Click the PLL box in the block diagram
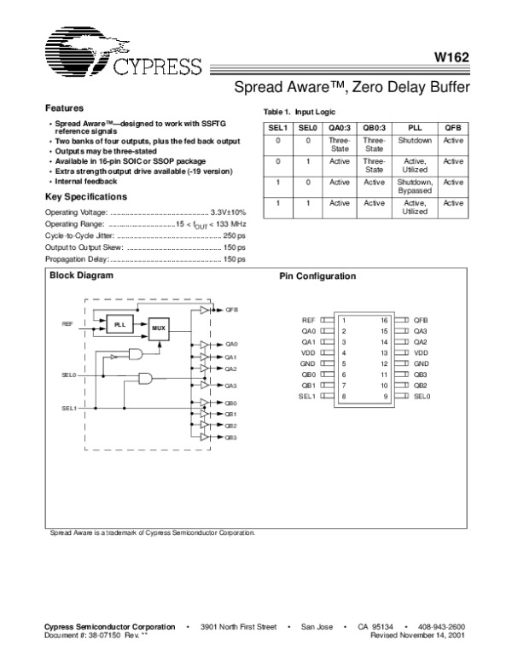click(120, 324)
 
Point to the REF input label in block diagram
click(67, 324)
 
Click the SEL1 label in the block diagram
click(69, 408)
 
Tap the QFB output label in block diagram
click(232, 310)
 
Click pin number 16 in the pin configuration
click(385, 319)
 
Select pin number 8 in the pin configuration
click(343, 397)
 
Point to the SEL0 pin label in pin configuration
click(422, 397)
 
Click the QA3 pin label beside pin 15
click(420, 330)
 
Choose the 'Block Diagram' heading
click(81, 276)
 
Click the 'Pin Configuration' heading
click(317, 276)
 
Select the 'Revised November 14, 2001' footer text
click(418, 636)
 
